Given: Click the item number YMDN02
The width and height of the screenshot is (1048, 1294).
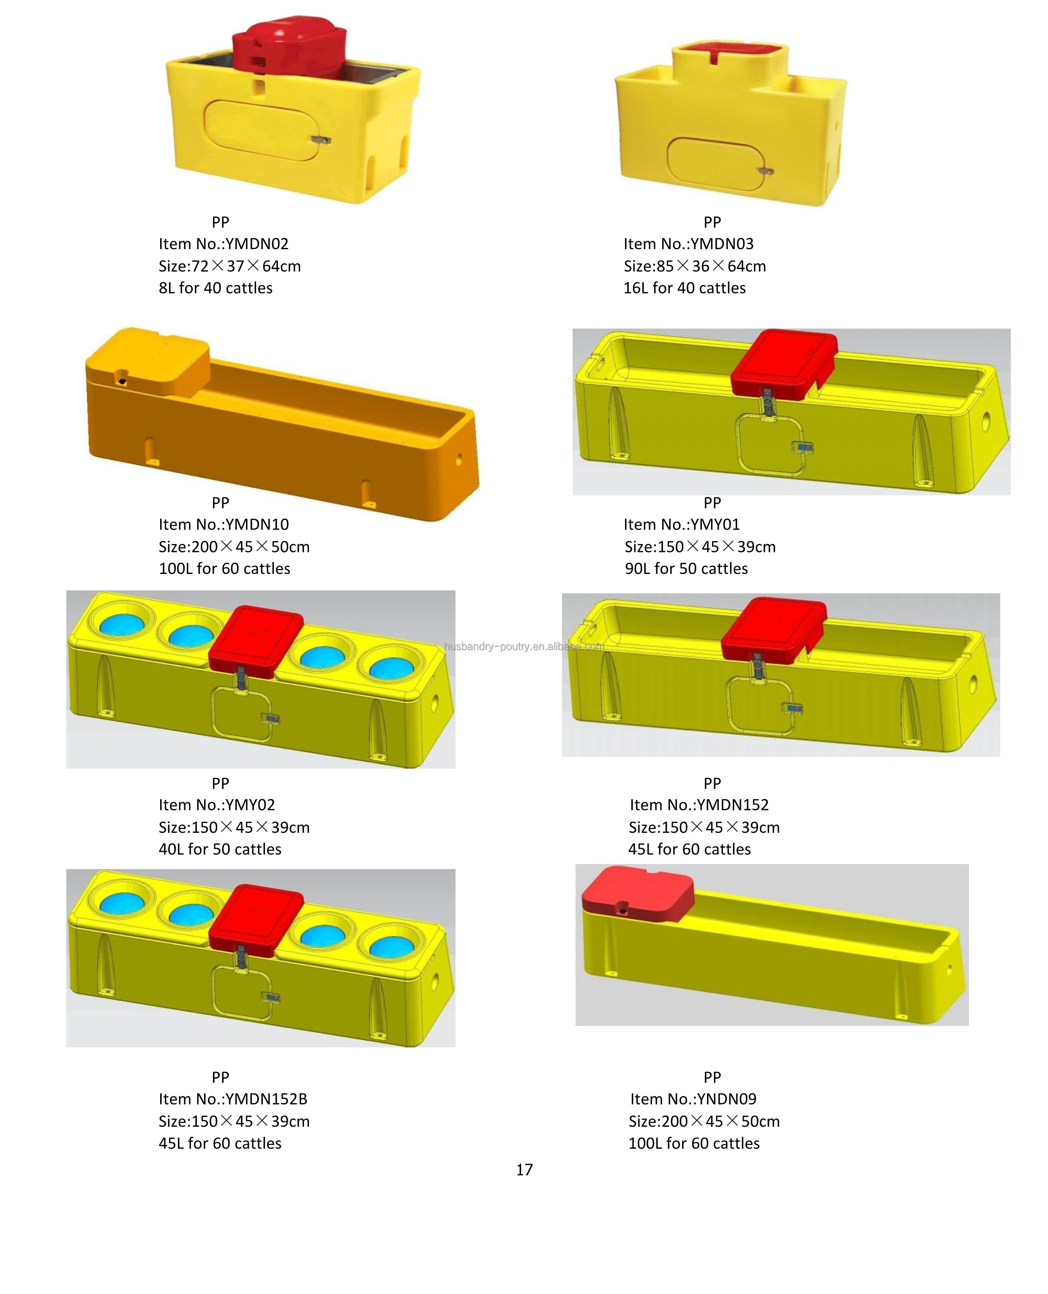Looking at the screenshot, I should (224, 244).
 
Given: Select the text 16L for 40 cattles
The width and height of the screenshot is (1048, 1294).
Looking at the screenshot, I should (684, 288).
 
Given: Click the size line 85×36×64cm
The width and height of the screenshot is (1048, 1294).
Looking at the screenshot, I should (694, 266).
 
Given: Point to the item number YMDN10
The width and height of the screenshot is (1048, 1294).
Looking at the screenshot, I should (224, 524).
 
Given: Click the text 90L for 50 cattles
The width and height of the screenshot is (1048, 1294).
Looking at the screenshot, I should (686, 568).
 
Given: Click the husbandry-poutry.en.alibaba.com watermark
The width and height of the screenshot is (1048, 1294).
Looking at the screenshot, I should (524, 647).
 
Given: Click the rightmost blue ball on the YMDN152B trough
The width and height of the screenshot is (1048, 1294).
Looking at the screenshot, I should (391, 946).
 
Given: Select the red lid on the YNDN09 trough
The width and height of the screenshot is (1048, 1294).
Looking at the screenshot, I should (637, 894).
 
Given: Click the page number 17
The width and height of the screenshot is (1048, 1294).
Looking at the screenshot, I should (524, 1170).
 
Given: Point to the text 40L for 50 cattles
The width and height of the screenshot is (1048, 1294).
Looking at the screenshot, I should (220, 849).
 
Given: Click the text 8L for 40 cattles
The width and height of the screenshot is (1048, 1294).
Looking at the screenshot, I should (216, 288).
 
